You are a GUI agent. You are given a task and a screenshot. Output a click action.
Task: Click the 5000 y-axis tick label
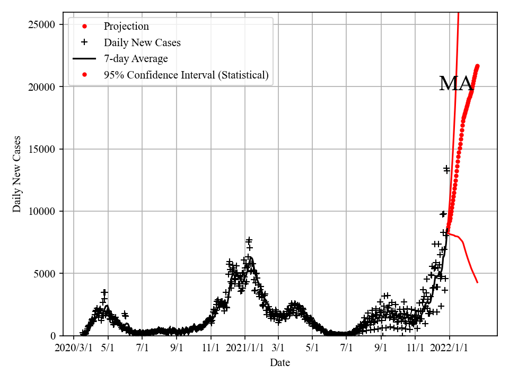click(x=46, y=274)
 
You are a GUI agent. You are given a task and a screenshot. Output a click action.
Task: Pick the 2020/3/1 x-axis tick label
click(x=74, y=348)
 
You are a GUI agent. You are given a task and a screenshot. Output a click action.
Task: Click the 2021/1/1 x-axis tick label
click(x=245, y=348)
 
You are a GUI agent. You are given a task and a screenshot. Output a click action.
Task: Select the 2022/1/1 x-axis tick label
click(x=449, y=348)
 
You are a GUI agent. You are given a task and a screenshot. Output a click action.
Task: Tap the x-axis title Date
click(x=279, y=363)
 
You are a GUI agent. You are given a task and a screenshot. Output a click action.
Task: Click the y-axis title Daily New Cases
click(x=17, y=174)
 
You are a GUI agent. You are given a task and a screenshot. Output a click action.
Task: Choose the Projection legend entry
click(x=126, y=26)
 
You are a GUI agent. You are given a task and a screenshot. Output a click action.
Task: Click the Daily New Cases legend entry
click(x=142, y=42)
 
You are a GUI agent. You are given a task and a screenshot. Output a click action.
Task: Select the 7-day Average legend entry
click(x=136, y=58)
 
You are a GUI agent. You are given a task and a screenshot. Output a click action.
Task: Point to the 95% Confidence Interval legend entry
click(x=186, y=75)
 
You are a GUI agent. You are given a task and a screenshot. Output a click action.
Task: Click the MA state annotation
click(x=456, y=84)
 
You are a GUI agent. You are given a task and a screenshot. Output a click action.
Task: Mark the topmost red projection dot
click(x=477, y=66)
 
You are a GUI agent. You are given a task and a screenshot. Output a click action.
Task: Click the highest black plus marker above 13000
click(x=446, y=168)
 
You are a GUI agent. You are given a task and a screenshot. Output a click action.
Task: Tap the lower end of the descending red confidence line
click(x=478, y=282)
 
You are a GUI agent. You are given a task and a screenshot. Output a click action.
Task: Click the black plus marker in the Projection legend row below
click(x=84, y=42)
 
